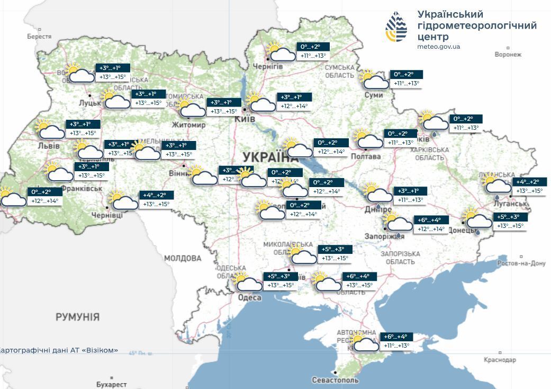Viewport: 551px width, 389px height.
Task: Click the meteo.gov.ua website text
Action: click(x=438, y=47)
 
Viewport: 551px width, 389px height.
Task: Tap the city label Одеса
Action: click(x=249, y=297)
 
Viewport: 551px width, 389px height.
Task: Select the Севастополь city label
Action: click(x=335, y=380)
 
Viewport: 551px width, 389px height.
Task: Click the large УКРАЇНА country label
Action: click(x=270, y=157)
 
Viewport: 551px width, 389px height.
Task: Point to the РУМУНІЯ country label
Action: click(x=77, y=317)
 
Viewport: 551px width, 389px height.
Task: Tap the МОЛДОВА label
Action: click(x=183, y=258)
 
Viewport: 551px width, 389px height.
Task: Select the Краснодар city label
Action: click(x=500, y=360)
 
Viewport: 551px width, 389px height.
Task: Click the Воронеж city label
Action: click(x=508, y=54)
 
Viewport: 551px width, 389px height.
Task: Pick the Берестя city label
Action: click(x=40, y=37)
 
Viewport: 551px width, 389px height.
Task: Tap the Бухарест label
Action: click(x=112, y=384)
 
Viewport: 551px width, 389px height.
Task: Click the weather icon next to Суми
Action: click(x=374, y=79)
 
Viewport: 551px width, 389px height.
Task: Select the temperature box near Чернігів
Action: click(x=313, y=51)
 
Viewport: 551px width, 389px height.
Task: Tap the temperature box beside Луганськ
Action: click(x=529, y=186)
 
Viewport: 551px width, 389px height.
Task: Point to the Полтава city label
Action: click(x=365, y=156)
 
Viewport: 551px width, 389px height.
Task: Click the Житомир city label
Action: click(x=188, y=125)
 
